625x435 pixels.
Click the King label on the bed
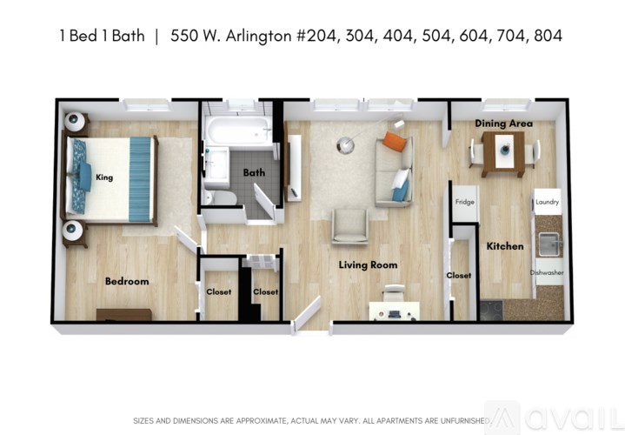coord(104,177)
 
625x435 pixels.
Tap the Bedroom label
coord(127,281)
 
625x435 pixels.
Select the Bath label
coord(254,172)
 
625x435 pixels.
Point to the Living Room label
coord(368,264)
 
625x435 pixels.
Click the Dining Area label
coord(503,124)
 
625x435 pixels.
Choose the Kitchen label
coord(505,246)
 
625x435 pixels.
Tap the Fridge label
coord(465,202)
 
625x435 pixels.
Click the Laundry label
coord(547,202)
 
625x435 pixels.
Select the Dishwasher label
coord(547,272)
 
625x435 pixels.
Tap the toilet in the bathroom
coord(223,197)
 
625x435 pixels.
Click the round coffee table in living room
coord(345,144)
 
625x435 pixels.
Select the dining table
coord(503,153)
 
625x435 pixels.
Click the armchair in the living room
coord(350,226)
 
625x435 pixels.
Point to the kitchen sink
coord(549,244)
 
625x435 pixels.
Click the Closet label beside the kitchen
coord(458,275)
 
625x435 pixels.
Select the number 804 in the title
coord(547,36)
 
